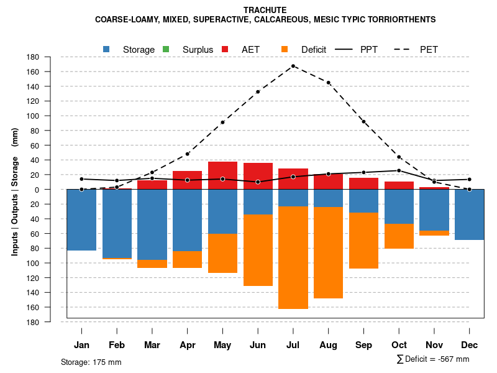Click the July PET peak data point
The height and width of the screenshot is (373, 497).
click(293, 66)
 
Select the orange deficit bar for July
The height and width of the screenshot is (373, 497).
click(293, 257)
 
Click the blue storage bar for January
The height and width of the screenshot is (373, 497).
click(81, 219)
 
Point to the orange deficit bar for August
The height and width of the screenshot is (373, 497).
click(328, 252)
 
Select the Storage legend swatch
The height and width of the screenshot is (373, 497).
click(106, 49)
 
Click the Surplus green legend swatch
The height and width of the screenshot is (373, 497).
click(166, 49)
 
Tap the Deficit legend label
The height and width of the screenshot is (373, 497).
click(314, 50)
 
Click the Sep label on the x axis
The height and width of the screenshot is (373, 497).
click(364, 345)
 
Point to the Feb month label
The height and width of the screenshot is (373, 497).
click(117, 345)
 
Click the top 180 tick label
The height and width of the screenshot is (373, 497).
click(50, 57)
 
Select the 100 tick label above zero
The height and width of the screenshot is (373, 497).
click(50, 116)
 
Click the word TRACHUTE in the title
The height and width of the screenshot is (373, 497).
click(265, 11)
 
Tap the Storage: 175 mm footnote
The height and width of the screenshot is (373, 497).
click(91, 362)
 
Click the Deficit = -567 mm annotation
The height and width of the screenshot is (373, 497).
click(433, 359)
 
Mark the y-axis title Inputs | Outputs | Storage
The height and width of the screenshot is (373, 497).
click(15, 191)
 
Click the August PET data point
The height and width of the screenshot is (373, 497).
click(328, 83)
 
